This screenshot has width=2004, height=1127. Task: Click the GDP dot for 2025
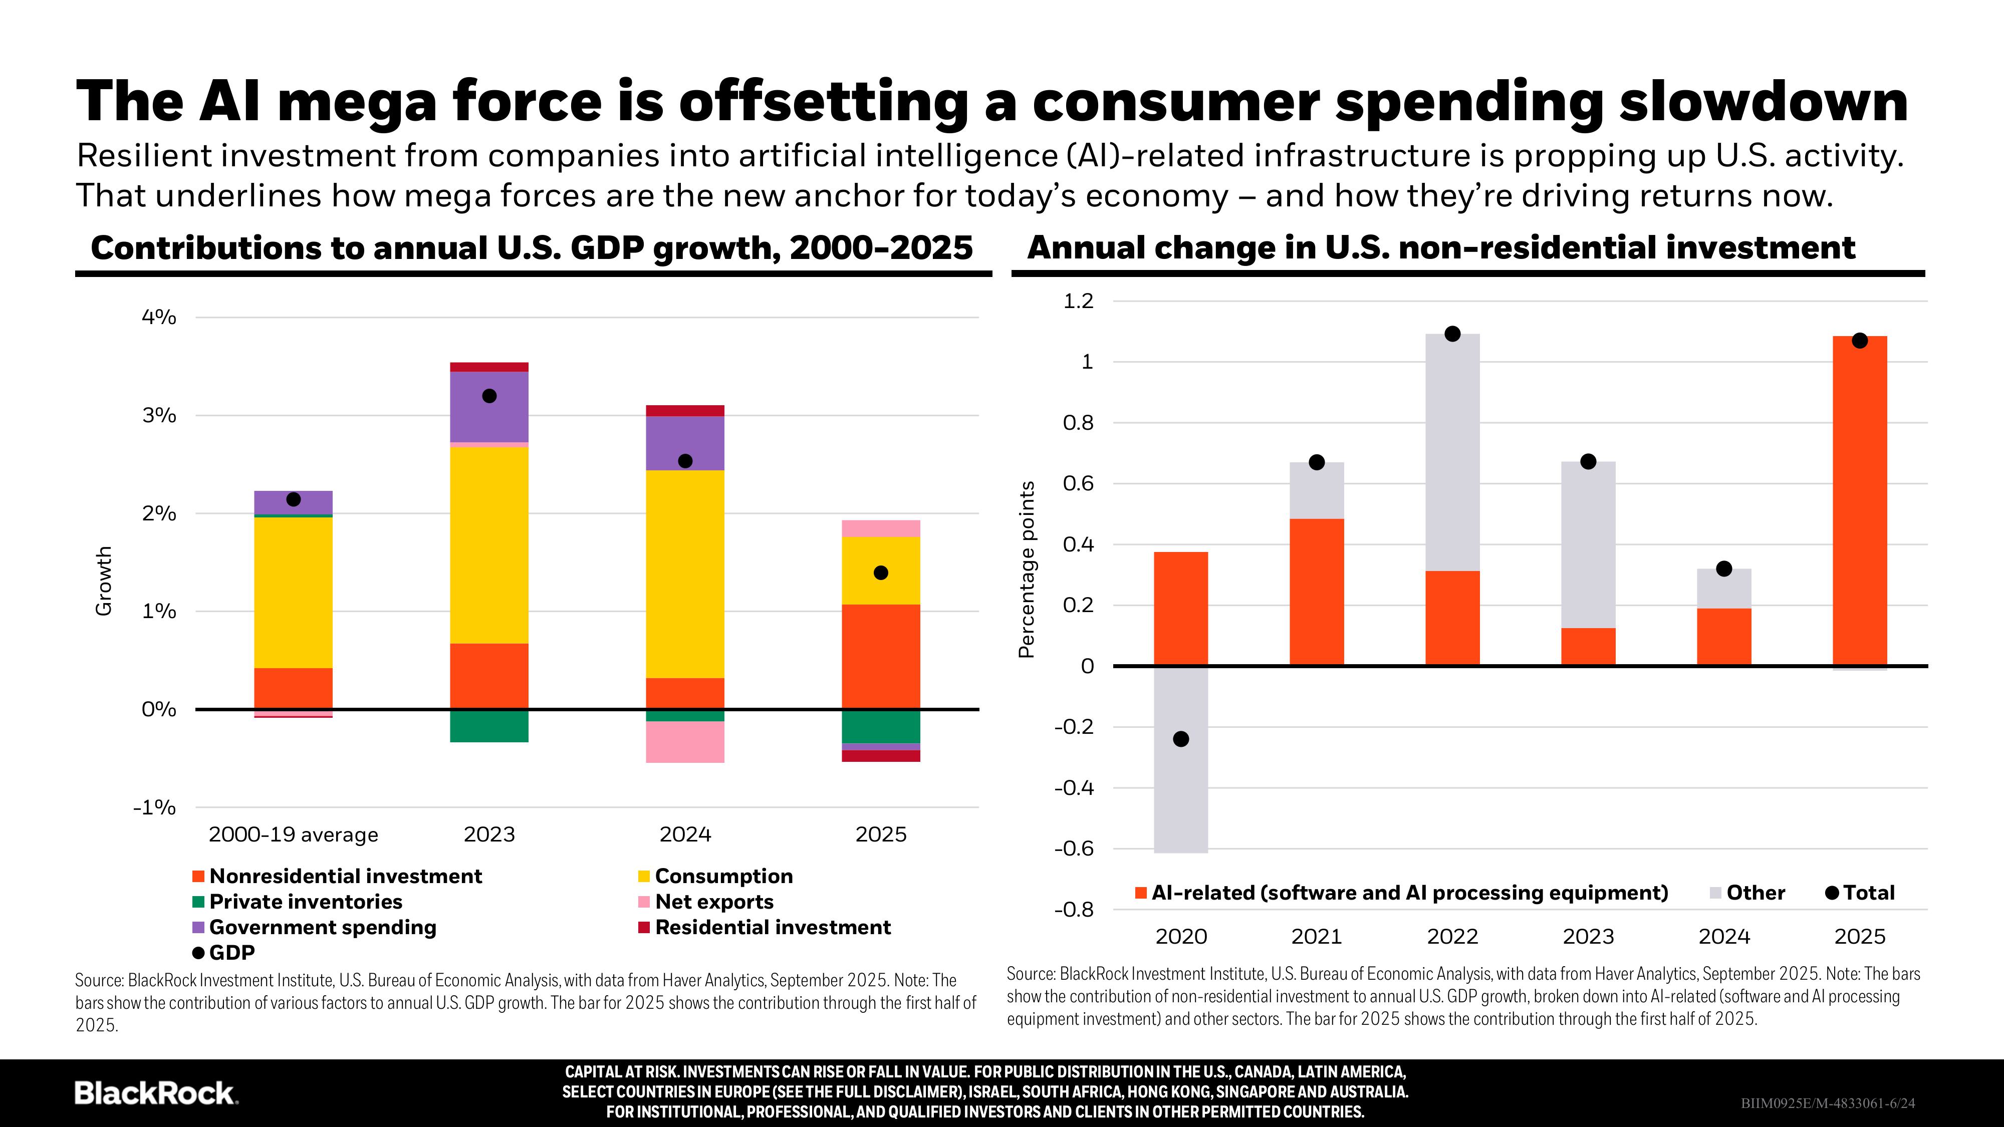881,573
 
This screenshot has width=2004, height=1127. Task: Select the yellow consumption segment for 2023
489,544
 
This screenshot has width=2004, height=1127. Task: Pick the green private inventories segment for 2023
489,726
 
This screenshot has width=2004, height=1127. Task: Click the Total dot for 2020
1181,739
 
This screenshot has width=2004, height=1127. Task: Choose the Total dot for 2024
1724,569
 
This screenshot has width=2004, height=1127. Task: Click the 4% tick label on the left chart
159,318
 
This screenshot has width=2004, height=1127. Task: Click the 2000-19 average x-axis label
293,834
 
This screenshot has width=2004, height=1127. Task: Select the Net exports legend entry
713,902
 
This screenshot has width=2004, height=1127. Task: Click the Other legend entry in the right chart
1755,893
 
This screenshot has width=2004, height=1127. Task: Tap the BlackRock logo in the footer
156,1093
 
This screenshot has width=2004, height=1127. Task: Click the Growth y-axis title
104,581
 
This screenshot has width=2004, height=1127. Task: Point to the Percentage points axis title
1027,570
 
